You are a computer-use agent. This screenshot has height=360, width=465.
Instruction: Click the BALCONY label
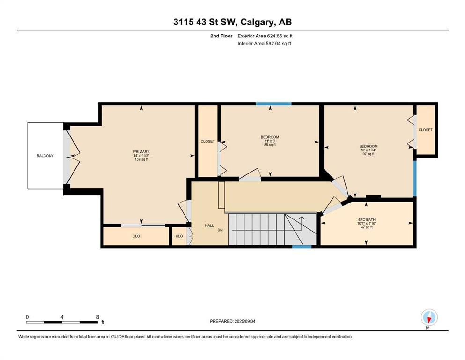pos(45,156)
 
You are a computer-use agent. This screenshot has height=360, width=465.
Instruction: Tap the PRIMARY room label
pos(141,152)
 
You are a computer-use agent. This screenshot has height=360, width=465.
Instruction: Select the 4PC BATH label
pos(367,220)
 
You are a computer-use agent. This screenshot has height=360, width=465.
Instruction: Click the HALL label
pos(209,225)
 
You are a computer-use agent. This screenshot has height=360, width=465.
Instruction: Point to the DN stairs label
pos(220,230)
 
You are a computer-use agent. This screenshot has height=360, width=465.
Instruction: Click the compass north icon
pos(429,318)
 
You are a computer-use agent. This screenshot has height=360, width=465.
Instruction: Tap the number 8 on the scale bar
pos(97,317)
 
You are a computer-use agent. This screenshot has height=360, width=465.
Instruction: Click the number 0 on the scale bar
pos(27,317)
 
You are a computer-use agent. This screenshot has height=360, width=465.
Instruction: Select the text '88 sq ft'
pos(270,145)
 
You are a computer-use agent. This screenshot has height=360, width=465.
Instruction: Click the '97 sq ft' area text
pos(369,154)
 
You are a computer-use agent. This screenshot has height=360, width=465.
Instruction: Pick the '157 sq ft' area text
pos(141,159)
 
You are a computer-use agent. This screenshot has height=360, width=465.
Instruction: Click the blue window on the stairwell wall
pos(302,247)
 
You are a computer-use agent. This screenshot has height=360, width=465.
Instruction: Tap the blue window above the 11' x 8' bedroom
pos(274,104)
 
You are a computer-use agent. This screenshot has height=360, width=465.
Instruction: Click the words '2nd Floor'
pos(221,36)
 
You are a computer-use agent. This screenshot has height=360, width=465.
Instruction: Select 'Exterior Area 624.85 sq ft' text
pos(265,36)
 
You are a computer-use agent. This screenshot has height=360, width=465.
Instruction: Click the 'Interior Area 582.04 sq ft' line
pos(264,43)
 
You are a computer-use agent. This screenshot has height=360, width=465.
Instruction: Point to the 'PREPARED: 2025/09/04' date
pos(232,321)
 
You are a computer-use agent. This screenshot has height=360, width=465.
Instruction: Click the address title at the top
pos(232,22)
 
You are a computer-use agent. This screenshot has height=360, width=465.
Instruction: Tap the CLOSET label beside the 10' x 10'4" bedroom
pos(426,130)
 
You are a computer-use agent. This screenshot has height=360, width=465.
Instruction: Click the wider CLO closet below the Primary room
pos(136,236)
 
